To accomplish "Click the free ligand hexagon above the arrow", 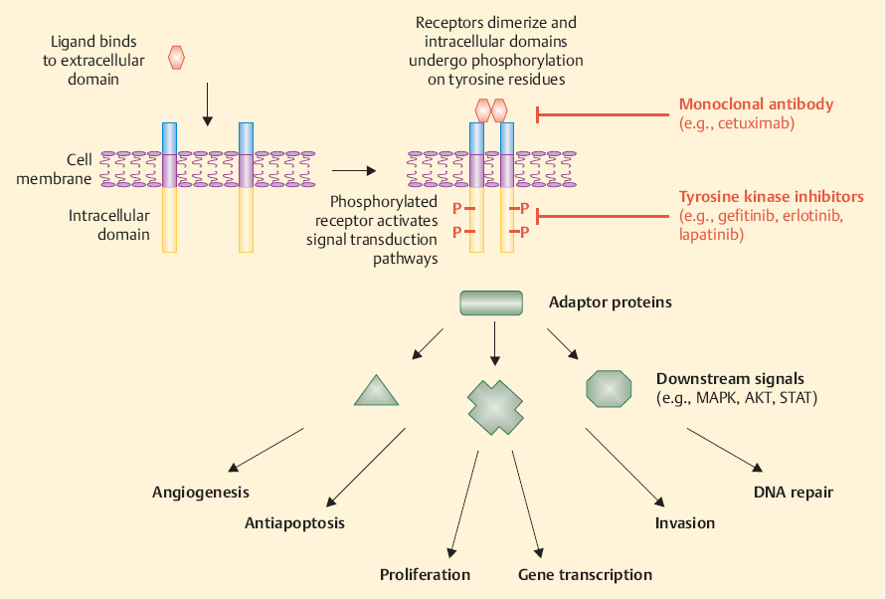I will tap(177, 57).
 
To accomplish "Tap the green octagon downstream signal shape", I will tap(609, 387).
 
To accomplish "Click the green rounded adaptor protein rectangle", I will tap(491, 302).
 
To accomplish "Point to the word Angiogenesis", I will tap(201, 493).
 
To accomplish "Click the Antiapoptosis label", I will tap(296, 522).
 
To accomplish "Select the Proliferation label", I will tap(425, 574).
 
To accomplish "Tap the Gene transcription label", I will tap(585, 574).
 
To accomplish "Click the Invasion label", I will tap(684, 522).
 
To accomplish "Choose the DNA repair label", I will tap(793, 492).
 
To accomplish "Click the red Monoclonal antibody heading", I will tap(756, 103).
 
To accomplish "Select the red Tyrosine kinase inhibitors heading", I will tap(771, 196).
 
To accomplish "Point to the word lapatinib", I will tap(712, 236).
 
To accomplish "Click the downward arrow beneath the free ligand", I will tap(207, 104).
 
